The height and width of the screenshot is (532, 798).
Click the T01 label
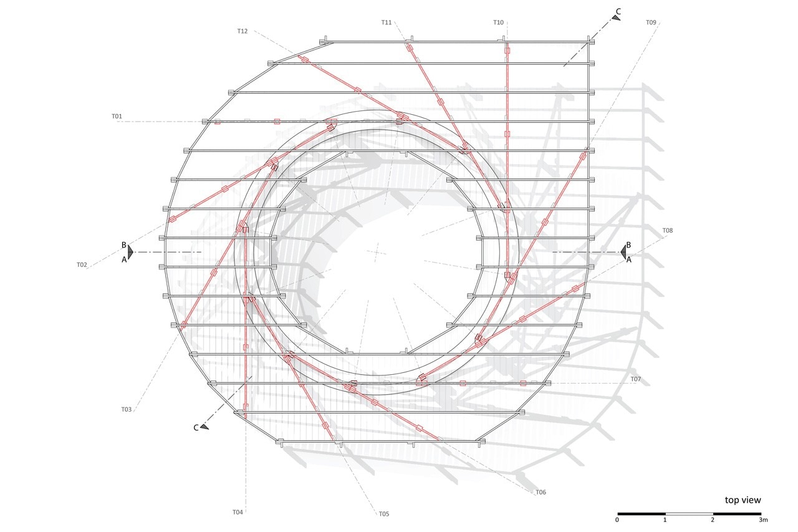click(117, 116)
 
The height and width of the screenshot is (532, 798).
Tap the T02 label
click(82, 265)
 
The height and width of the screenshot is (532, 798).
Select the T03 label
click(127, 409)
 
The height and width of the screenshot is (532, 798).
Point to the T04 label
click(238, 512)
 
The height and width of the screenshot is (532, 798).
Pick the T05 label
click(384, 514)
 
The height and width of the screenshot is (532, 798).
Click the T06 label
click(541, 492)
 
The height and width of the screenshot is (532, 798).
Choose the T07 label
click(636, 379)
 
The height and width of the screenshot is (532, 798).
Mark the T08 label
click(668, 231)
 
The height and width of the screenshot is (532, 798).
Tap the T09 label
click(651, 22)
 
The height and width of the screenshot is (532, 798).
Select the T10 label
click(498, 22)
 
